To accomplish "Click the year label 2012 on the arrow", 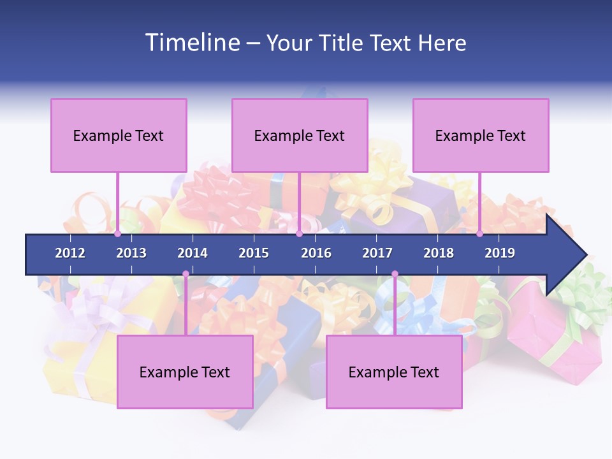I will pyautogui.click(x=70, y=253).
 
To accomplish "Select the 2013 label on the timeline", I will pyautogui.click(x=131, y=253).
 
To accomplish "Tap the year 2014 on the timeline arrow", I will pyautogui.click(x=193, y=253).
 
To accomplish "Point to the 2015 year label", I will pyautogui.click(x=254, y=253).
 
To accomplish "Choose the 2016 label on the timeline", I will pyautogui.click(x=316, y=253).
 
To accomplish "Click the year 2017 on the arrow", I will pyautogui.click(x=377, y=253).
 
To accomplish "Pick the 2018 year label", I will pyautogui.click(x=439, y=253).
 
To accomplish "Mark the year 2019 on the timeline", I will pyautogui.click(x=500, y=253).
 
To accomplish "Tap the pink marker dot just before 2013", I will pyautogui.click(x=117, y=234).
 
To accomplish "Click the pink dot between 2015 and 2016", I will pyautogui.click(x=299, y=234).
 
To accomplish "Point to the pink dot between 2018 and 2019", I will pyautogui.click(x=479, y=234).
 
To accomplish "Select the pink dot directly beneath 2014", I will pyautogui.click(x=186, y=274).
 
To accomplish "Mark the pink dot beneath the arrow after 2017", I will pyautogui.click(x=395, y=274).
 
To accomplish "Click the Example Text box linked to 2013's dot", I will pyautogui.click(x=119, y=135).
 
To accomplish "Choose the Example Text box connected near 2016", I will pyautogui.click(x=300, y=135).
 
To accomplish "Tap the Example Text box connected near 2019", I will pyautogui.click(x=481, y=135).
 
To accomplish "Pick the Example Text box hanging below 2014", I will pyautogui.click(x=185, y=372).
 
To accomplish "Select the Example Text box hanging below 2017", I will pyautogui.click(x=394, y=372).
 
